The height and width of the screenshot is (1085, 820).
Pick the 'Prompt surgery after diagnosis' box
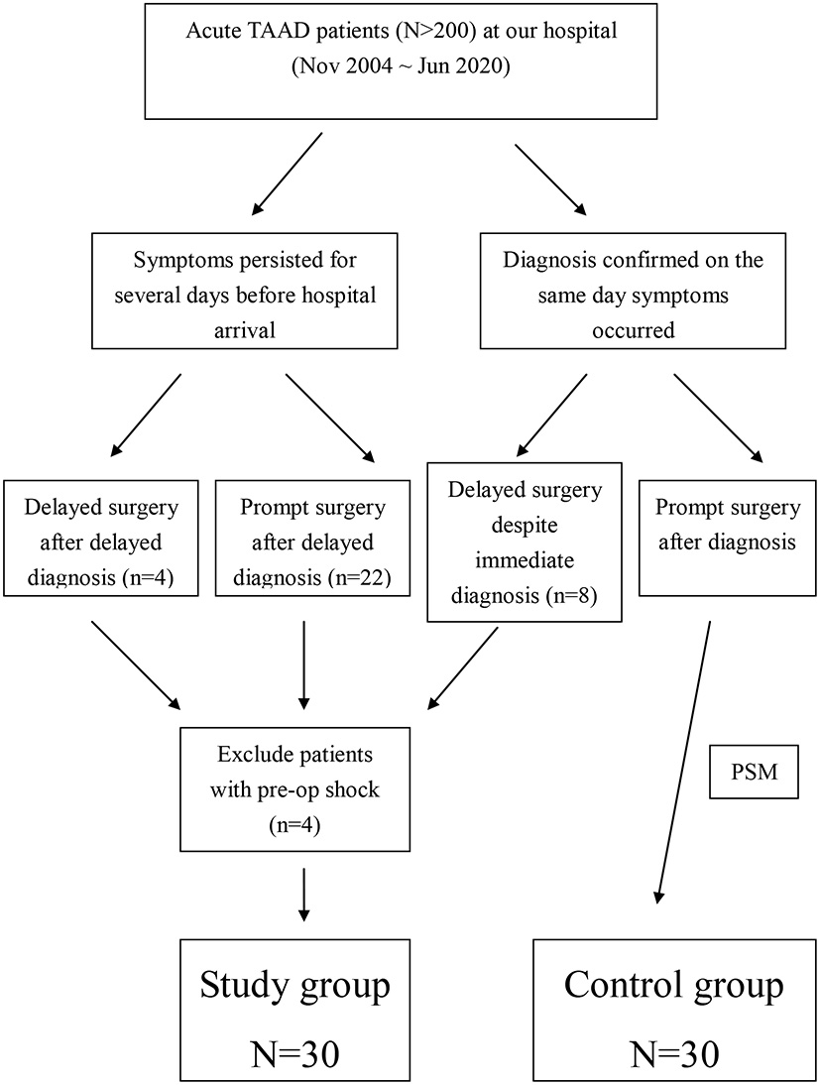728,539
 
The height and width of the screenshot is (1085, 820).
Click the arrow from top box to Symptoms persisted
288,175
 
